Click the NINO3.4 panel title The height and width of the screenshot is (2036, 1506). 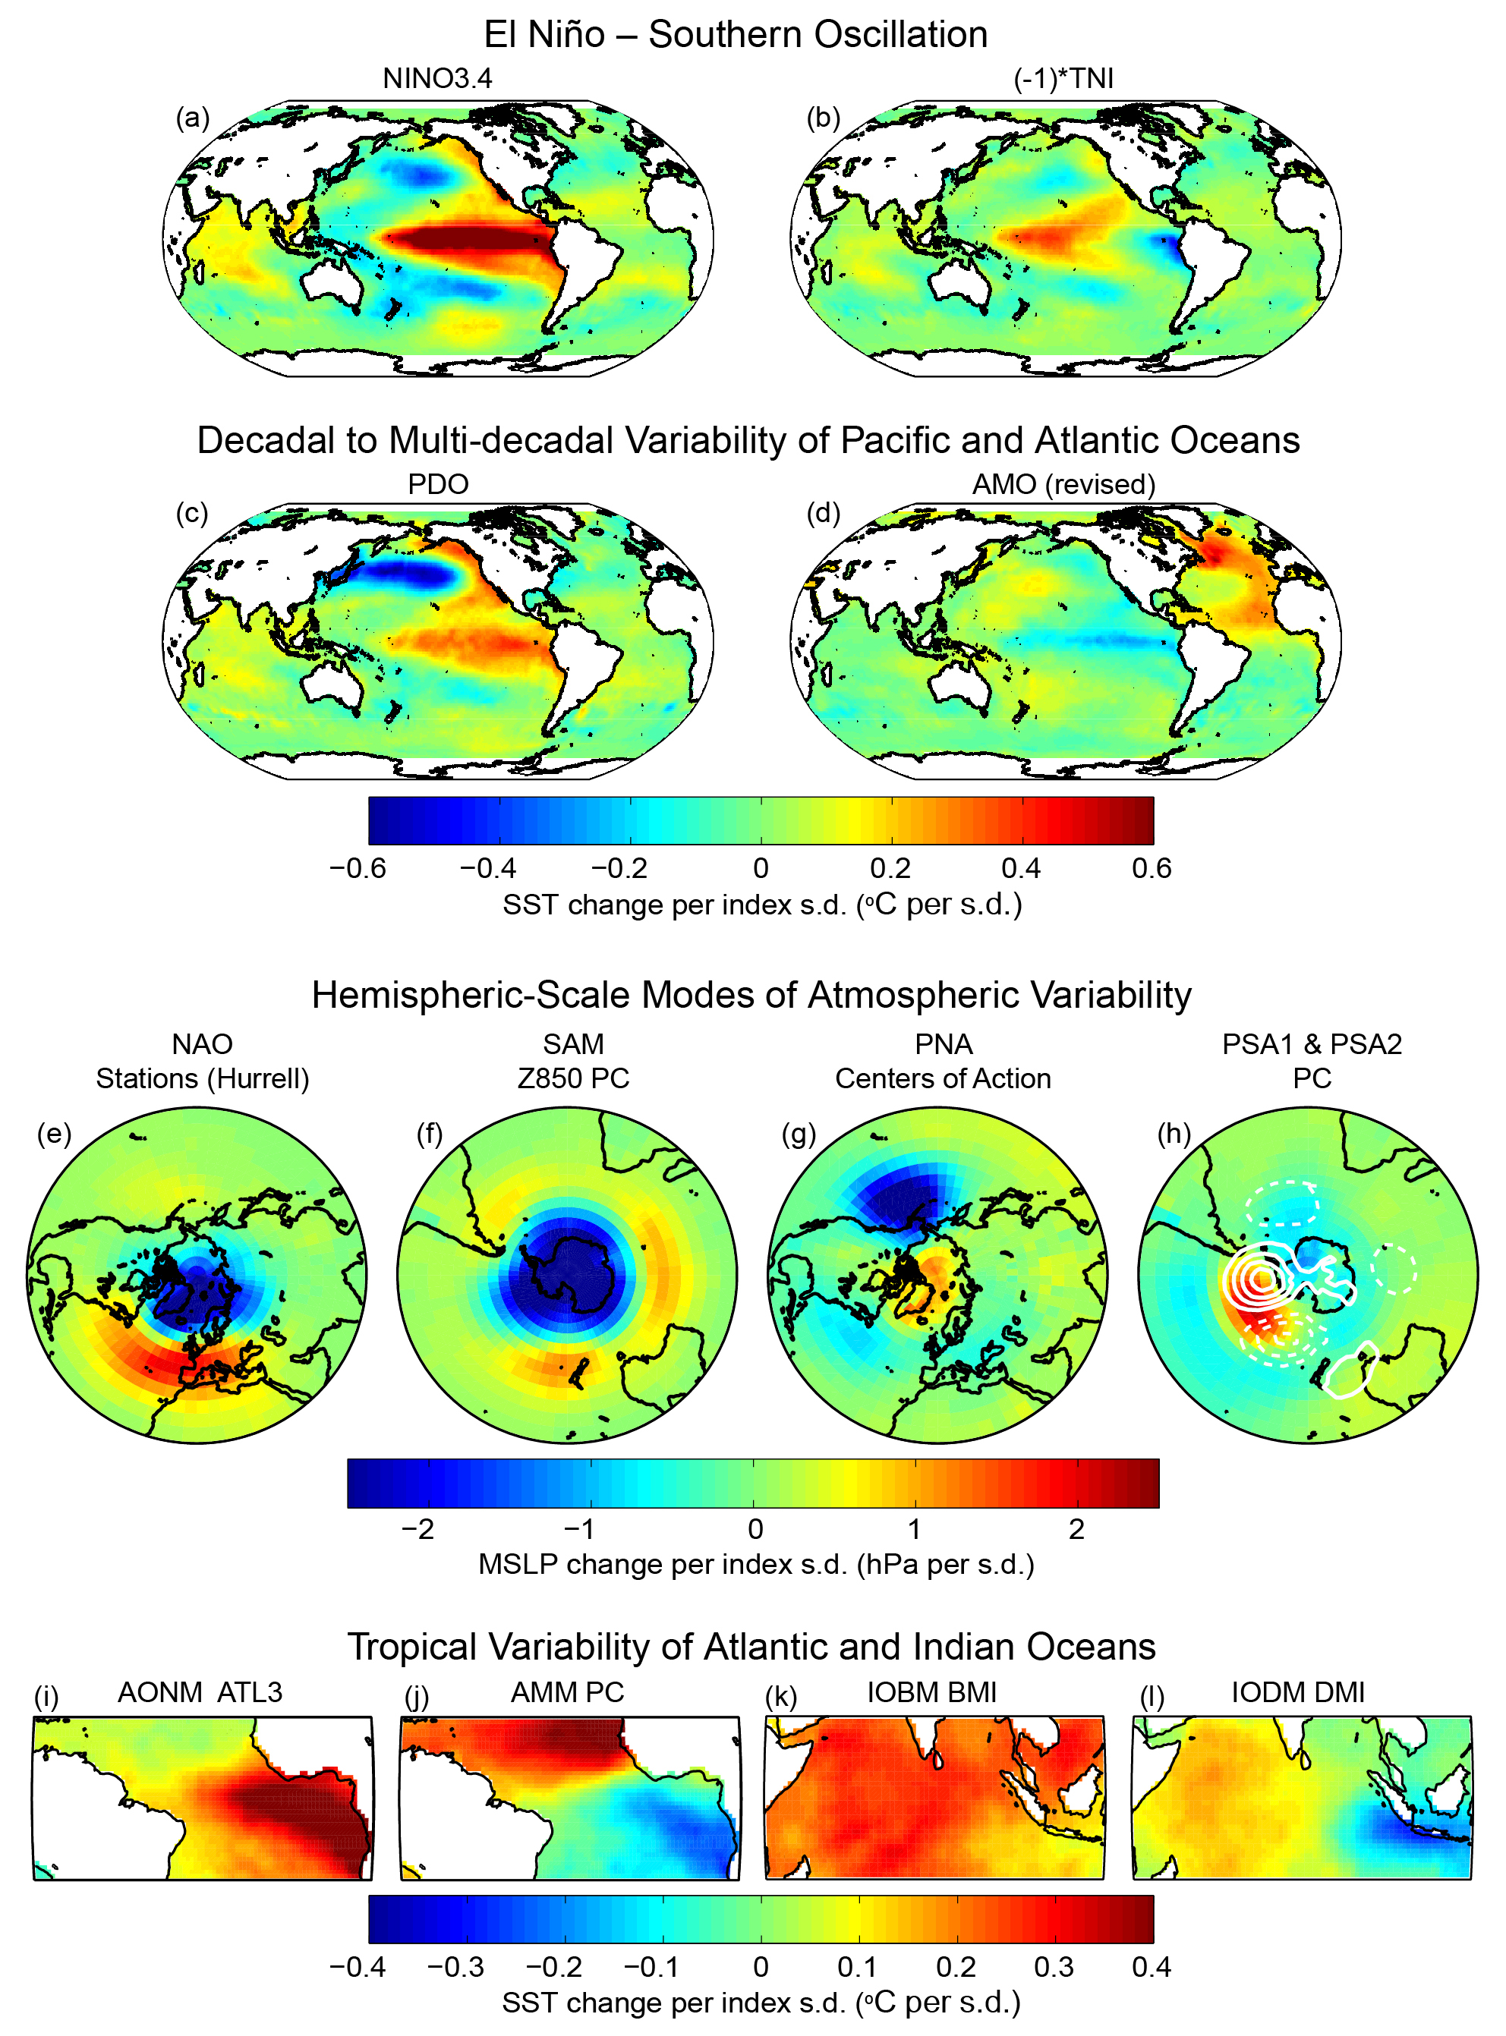click(x=436, y=78)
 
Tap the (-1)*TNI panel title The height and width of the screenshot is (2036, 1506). click(x=1063, y=78)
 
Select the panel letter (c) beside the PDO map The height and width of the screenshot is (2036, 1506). click(x=191, y=513)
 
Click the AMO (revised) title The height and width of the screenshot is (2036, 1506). click(x=1063, y=484)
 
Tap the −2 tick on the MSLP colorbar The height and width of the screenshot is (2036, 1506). click(x=417, y=1528)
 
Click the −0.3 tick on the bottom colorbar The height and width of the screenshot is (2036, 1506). click(x=455, y=1967)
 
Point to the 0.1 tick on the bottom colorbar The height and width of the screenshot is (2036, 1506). click(x=857, y=1967)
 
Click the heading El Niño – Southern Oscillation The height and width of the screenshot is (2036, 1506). click(x=735, y=35)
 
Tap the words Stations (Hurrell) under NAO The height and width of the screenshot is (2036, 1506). click(x=203, y=1078)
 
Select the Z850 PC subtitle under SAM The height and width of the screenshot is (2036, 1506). click(x=572, y=1078)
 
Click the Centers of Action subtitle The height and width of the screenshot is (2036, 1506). click(x=943, y=1078)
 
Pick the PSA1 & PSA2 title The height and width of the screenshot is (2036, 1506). click(x=1311, y=1043)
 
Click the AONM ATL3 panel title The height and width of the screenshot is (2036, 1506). click(x=200, y=1691)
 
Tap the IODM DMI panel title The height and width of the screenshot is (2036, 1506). click(x=1297, y=1691)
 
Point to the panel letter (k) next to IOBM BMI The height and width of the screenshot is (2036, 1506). click(x=780, y=1696)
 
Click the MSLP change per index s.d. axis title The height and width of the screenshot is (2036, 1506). click(x=756, y=1564)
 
